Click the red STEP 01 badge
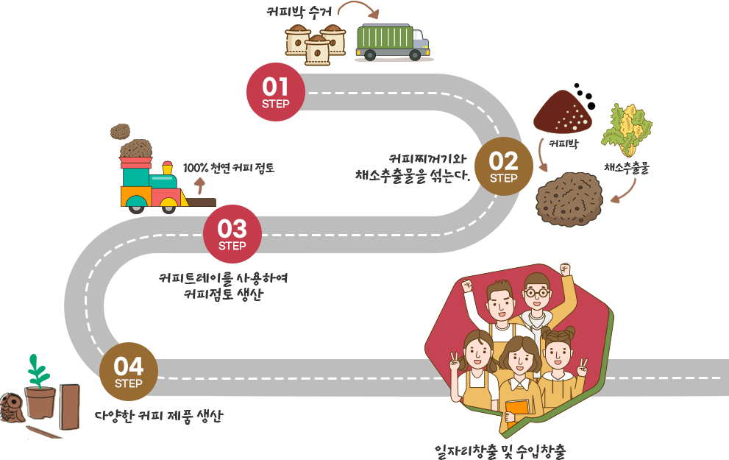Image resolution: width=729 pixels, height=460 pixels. pyautogui.click(x=275, y=92)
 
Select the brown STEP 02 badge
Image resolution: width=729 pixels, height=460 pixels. pyautogui.click(x=503, y=166)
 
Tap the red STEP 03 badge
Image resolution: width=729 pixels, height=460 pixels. pyautogui.click(x=232, y=233)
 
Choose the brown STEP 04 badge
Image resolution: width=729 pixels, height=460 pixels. pyautogui.click(x=129, y=371)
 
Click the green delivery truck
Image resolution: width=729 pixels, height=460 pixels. pyautogui.click(x=392, y=42)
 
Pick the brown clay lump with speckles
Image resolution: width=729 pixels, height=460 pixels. pyautogui.click(x=569, y=198)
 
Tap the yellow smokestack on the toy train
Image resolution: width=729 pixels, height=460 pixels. pyautogui.click(x=166, y=169)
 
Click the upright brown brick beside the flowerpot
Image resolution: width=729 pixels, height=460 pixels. pyautogui.click(x=70, y=406)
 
